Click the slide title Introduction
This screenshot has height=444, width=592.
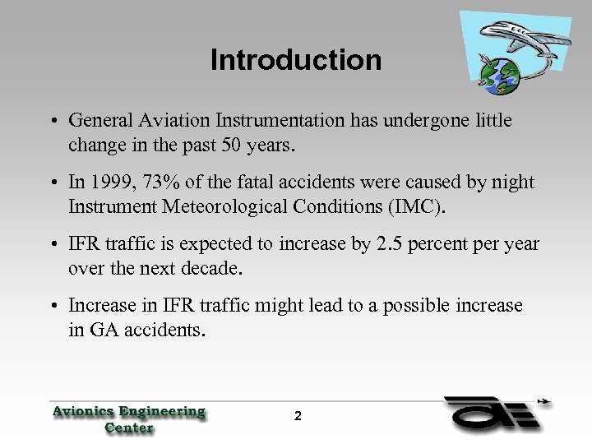296,60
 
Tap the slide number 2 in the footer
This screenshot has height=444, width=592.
298,416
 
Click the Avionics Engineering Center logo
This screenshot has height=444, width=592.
128,418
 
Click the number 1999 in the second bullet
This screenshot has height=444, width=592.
110,183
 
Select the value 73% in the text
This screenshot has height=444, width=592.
157,183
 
